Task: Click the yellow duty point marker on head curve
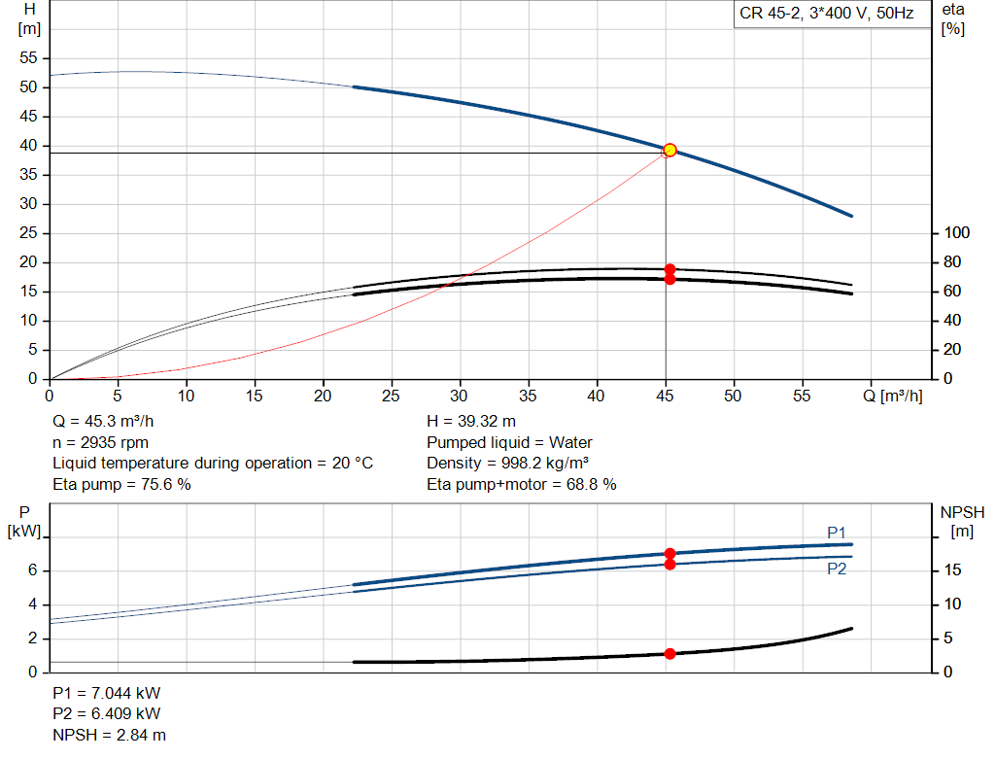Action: coord(669,151)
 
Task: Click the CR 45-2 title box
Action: coord(827,15)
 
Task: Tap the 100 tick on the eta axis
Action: coord(956,233)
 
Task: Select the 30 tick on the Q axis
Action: coord(460,396)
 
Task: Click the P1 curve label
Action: coord(837,532)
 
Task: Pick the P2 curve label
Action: coord(837,569)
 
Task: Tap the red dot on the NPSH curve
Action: coord(669,654)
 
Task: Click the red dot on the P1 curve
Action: coord(669,554)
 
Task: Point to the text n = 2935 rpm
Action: coord(100,442)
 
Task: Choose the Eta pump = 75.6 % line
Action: coord(121,483)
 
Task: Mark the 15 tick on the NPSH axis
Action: coord(953,570)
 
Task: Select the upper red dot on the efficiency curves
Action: coord(669,269)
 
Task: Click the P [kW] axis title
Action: coord(24,521)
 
